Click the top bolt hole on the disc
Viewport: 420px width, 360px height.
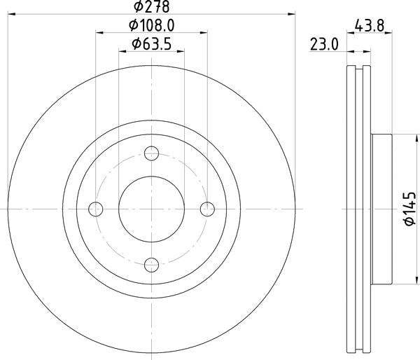pyautogui.click(x=152, y=153)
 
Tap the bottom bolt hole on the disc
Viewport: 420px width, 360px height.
pyautogui.click(x=152, y=264)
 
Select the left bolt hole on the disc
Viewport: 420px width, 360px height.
pyautogui.click(x=97, y=209)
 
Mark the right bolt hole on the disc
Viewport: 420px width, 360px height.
pyautogui.click(x=207, y=209)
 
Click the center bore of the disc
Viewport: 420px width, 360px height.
pyautogui.click(x=152, y=209)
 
